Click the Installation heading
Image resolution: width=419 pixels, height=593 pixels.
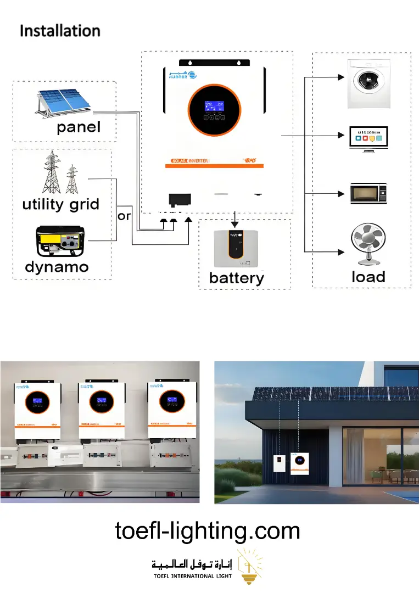(60, 31)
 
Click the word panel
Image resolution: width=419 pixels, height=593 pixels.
(79, 127)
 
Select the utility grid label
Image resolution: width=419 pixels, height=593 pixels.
(61, 205)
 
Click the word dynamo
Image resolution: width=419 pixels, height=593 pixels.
(57, 267)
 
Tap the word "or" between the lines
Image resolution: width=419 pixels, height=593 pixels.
(125, 216)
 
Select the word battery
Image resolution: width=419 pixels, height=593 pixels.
(237, 278)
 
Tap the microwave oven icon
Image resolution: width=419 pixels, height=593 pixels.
(368, 194)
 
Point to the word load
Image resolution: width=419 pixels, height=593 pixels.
(368, 277)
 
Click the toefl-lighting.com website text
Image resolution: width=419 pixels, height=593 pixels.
(208, 531)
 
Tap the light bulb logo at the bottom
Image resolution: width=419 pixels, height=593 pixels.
(249, 566)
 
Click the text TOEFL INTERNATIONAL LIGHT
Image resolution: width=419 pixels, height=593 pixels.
(192, 576)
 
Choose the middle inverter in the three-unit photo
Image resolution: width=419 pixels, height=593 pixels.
(102, 409)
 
